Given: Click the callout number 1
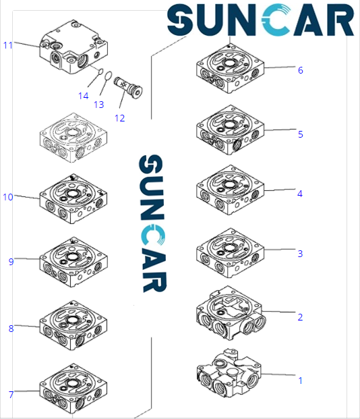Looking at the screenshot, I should pos(300,381).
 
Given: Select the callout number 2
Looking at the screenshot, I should pos(300,317).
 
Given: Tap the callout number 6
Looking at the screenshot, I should pos(300,70).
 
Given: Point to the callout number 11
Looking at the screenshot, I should pos(8,45).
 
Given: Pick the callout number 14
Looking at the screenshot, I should pos(83,96).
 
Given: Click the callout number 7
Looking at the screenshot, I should pos(11,395).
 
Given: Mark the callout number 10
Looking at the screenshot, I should pos(8,197).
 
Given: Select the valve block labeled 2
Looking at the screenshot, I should pos(229,314).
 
